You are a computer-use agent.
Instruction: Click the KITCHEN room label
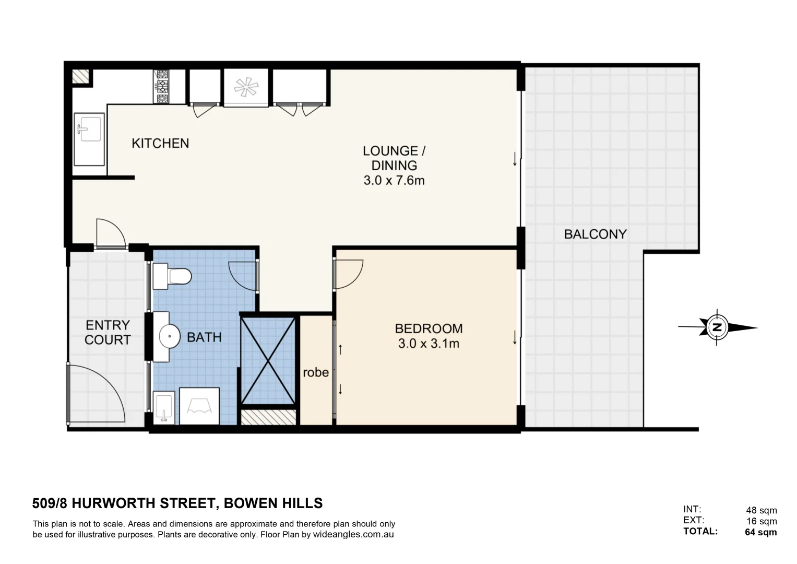coord(160,143)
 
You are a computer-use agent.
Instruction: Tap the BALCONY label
coord(595,234)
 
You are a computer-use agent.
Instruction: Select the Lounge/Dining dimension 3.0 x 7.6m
coord(394,181)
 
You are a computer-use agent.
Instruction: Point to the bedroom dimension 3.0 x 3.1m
coord(429,344)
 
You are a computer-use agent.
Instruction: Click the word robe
coord(316,372)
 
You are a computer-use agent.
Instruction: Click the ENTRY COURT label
coord(108,332)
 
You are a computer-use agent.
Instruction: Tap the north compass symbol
coord(718,327)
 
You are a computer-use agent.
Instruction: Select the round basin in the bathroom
coord(169,337)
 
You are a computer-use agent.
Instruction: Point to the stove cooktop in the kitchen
coord(162,87)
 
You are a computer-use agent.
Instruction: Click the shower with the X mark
coord(268,361)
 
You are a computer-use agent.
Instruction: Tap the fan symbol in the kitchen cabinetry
coord(246,87)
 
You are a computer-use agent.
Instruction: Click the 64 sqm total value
coord(760,532)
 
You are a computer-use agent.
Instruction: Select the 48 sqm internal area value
coord(761,510)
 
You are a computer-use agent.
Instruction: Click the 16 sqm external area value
coord(761,521)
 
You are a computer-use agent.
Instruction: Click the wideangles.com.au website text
coord(353,535)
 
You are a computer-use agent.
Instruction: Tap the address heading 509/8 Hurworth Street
coord(177,503)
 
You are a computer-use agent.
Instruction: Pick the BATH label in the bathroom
coord(204,337)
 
